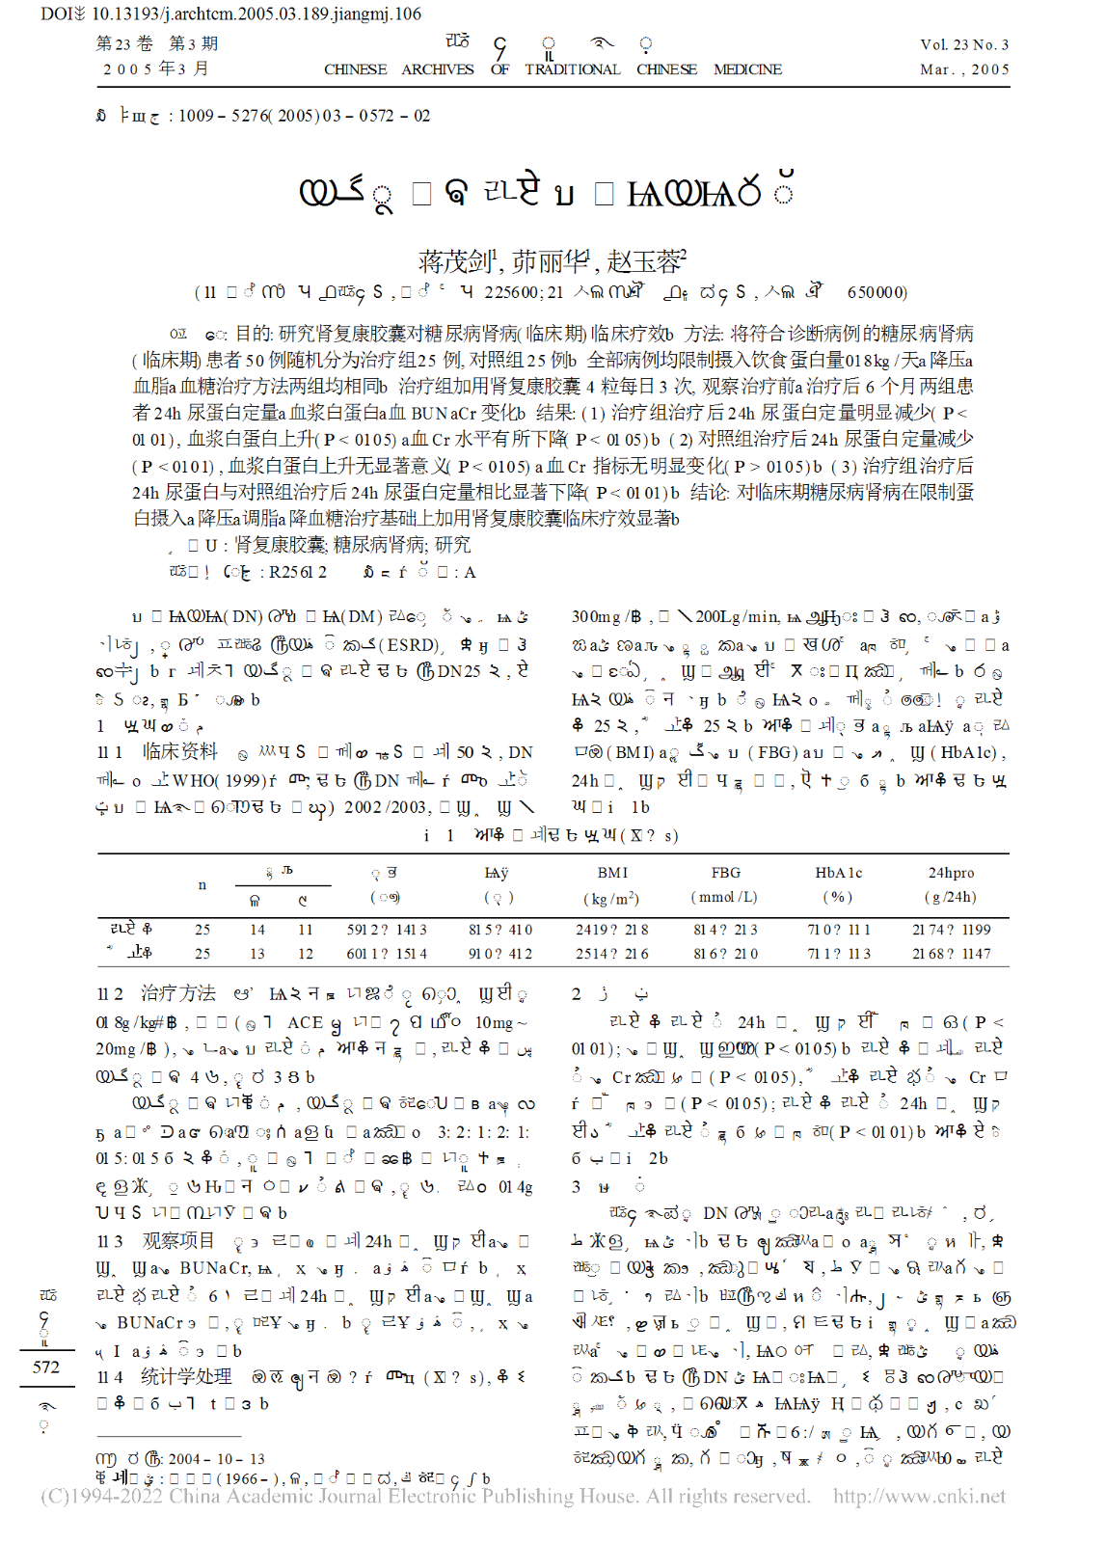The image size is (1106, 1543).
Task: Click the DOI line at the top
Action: point(231,14)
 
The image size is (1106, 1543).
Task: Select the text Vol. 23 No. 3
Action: point(963,44)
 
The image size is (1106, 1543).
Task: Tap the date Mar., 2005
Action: point(964,69)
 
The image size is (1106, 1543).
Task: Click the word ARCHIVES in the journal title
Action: point(438,69)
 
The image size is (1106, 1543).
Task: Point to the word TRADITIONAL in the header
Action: point(572,69)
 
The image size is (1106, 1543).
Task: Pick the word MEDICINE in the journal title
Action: point(747,69)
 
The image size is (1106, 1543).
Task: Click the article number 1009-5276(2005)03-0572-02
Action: point(304,116)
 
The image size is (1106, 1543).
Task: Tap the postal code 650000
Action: point(877,292)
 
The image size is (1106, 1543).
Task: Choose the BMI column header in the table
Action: point(612,873)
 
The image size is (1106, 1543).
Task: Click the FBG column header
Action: point(725,873)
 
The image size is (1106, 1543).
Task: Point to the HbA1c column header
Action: point(838,873)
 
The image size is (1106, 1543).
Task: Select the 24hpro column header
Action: point(951,873)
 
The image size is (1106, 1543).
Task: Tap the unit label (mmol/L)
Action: point(725,897)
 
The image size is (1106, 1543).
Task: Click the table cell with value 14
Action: point(256,930)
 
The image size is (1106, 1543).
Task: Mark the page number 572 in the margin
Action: point(45,1367)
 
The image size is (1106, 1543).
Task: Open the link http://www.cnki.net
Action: point(919,1497)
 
